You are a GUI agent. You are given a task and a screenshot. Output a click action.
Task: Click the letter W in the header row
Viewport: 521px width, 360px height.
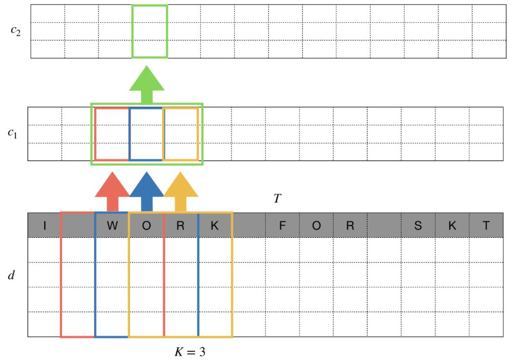tap(112, 225)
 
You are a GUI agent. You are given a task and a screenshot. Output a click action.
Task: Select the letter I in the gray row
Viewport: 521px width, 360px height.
tap(44, 225)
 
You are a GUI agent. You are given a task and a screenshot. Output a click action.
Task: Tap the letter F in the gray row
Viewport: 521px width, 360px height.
tap(282, 225)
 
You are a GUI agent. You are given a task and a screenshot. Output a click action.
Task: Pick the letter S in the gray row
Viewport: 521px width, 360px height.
tap(418, 225)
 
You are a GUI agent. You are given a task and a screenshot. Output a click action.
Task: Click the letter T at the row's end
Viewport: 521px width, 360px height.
tap(486, 225)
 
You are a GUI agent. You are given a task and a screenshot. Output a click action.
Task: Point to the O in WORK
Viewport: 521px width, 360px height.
tap(146, 225)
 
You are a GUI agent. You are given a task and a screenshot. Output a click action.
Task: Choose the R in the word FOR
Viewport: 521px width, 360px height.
tap(350, 225)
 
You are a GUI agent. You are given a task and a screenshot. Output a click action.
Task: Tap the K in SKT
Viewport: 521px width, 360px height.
tap(452, 225)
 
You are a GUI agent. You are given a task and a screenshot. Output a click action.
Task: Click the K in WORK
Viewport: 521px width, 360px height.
tap(215, 225)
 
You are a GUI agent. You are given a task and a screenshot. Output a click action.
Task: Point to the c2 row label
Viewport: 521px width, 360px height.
tap(15, 32)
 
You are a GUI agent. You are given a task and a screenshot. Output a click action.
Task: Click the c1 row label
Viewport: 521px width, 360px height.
tap(13, 133)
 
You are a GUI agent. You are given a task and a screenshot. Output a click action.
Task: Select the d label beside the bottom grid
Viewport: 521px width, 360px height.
tap(12, 276)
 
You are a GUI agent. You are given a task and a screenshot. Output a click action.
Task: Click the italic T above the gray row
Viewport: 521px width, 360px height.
tap(277, 198)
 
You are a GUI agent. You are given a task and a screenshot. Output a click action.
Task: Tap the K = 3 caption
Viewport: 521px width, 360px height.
tap(190, 351)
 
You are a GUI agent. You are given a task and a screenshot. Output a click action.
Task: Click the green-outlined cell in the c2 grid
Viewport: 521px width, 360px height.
tap(150, 31)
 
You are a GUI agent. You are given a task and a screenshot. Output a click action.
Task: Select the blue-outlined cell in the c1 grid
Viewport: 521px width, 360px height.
tap(146, 134)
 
